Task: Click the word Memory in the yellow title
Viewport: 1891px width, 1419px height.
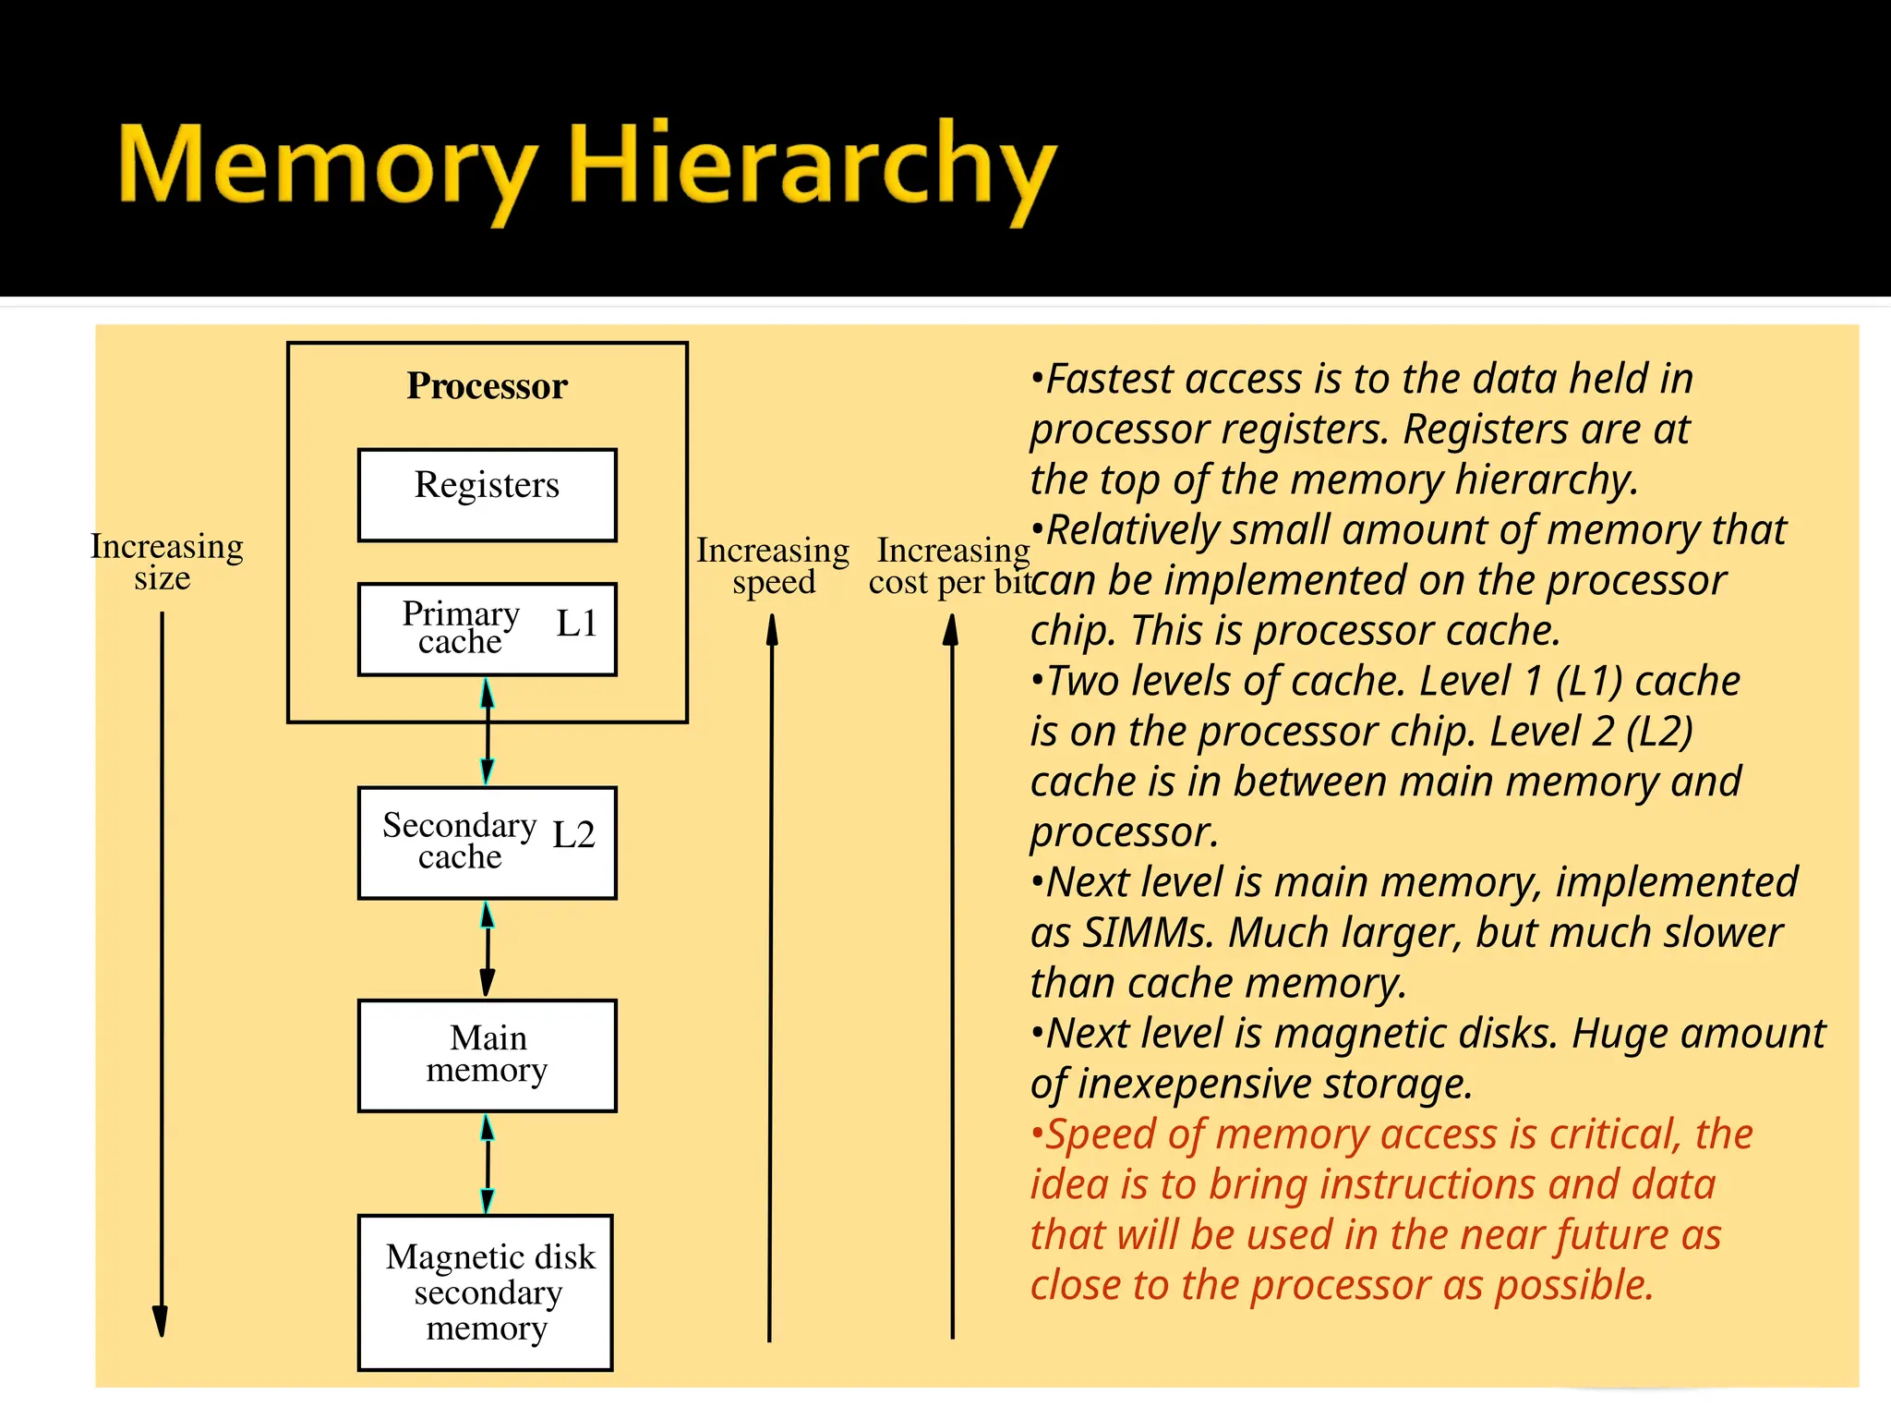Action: (328, 166)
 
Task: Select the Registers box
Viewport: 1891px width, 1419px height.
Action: (487, 494)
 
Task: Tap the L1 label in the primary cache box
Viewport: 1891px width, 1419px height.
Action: (576, 624)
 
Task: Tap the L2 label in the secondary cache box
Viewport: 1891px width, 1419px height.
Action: (573, 834)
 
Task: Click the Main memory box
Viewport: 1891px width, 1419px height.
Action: (487, 1055)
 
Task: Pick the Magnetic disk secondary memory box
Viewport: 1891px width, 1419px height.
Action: (487, 1292)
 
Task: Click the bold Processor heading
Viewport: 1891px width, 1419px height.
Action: (487, 386)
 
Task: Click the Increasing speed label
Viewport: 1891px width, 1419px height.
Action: (773, 565)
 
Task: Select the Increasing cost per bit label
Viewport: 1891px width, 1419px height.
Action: (951, 565)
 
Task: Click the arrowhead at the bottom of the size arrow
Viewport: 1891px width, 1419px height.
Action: (161, 1320)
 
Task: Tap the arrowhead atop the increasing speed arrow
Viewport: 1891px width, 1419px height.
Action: (772, 631)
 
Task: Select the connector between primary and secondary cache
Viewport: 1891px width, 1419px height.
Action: (488, 732)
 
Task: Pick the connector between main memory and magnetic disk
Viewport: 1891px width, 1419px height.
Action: (488, 1163)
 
